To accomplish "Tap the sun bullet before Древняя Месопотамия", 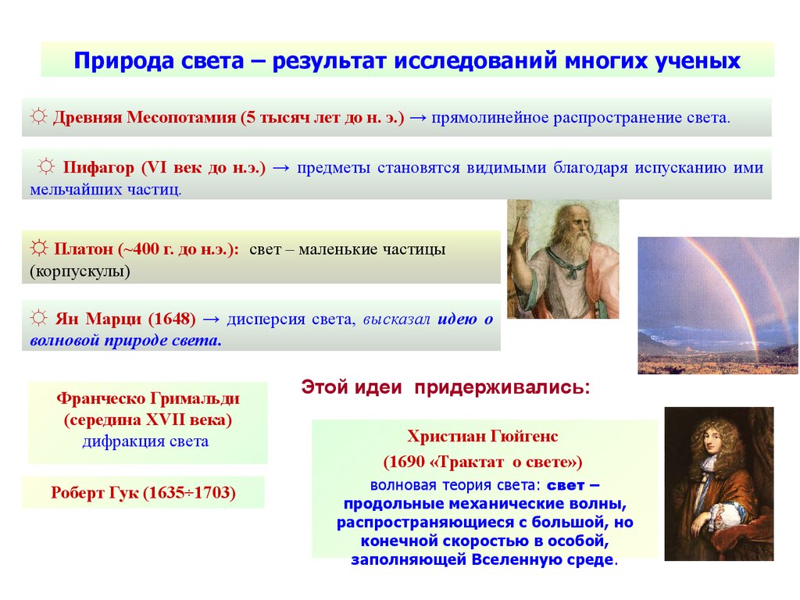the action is click(x=38, y=116).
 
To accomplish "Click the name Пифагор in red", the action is click(x=98, y=167).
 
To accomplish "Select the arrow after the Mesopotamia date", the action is click(x=418, y=118).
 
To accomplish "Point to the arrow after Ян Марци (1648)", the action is click(x=211, y=320).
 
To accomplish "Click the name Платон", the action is click(x=83, y=249).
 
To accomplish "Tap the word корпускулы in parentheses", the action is click(x=80, y=271).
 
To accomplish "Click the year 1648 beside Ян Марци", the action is click(x=172, y=319).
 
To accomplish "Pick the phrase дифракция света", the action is click(x=145, y=441).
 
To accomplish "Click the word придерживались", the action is click(x=502, y=387).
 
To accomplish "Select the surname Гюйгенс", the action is click(x=524, y=437).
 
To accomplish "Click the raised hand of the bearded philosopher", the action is click(x=520, y=230).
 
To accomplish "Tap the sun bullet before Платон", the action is click(x=38, y=248).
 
